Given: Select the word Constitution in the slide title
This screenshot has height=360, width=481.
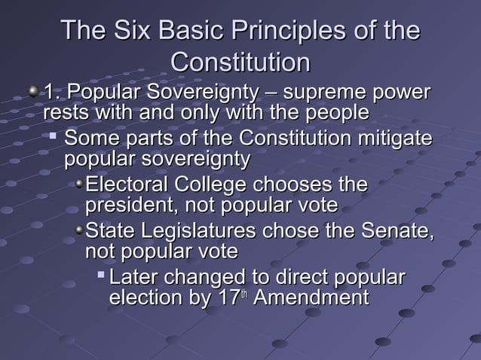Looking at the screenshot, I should point(240,61).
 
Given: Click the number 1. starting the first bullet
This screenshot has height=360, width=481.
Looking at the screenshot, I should point(51,93).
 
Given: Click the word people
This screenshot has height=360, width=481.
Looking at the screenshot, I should point(335,113).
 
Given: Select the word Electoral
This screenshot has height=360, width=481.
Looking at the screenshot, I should point(127,185).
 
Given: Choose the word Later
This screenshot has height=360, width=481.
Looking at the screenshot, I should point(136,276).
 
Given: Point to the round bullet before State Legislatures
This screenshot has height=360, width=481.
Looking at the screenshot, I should point(79,230).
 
